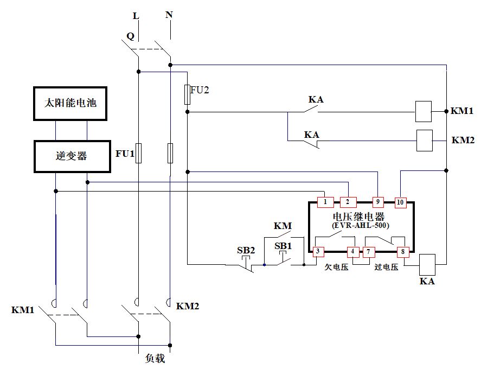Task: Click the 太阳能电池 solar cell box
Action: click(x=70, y=103)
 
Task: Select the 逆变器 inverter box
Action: click(x=71, y=156)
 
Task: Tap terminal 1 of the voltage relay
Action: click(x=325, y=202)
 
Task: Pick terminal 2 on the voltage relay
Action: click(x=348, y=202)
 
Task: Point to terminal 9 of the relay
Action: click(x=378, y=202)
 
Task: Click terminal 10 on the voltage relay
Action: click(x=400, y=202)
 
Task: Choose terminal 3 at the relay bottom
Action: click(x=318, y=252)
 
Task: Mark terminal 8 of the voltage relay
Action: click(x=403, y=252)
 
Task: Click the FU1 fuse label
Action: click(x=124, y=154)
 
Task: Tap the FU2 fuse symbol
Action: click(x=187, y=94)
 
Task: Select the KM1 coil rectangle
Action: click(x=423, y=111)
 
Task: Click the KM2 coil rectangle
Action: click(x=424, y=140)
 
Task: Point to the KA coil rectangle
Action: click(x=428, y=264)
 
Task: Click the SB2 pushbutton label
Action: click(x=246, y=251)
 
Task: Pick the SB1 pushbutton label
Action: click(x=283, y=246)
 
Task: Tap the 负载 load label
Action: click(x=155, y=359)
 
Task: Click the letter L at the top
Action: click(x=136, y=16)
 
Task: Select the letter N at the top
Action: click(x=169, y=15)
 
